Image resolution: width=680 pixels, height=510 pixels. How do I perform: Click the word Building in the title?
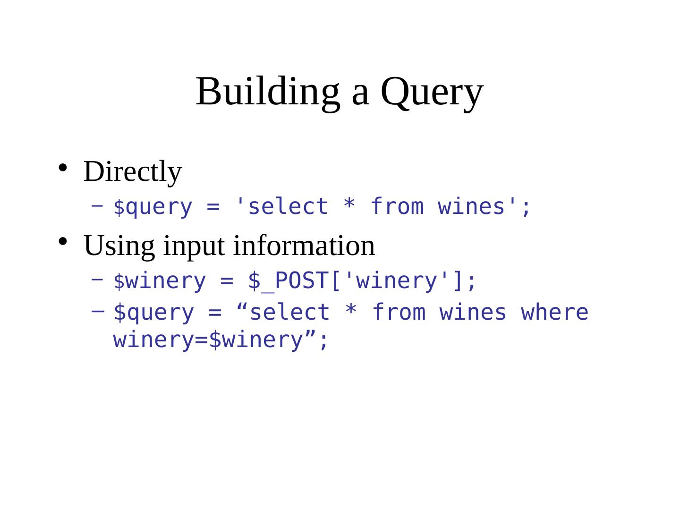(x=267, y=91)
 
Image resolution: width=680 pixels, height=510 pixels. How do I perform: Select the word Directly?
(x=132, y=171)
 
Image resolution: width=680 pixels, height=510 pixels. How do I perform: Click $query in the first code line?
(x=153, y=207)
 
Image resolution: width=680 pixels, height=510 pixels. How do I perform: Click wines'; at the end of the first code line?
(x=484, y=207)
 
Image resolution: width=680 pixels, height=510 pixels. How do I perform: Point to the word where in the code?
(x=554, y=313)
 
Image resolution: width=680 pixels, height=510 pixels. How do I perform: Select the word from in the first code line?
(x=397, y=207)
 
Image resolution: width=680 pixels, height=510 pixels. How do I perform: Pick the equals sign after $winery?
(x=227, y=281)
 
